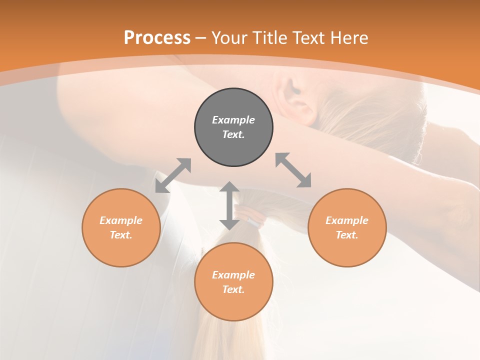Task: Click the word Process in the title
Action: [x=157, y=38]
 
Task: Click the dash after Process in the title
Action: [x=200, y=38]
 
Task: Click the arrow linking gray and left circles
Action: [x=173, y=175]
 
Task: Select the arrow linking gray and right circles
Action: [x=293, y=170]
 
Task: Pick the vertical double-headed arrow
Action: [x=229, y=205]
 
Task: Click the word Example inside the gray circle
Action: [x=233, y=120]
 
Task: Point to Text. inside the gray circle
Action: [x=233, y=134]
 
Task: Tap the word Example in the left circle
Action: [x=121, y=220]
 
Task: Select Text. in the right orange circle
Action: [x=347, y=235]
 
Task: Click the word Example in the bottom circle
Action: [x=233, y=275]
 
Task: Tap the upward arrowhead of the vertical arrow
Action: [x=229, y=186]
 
